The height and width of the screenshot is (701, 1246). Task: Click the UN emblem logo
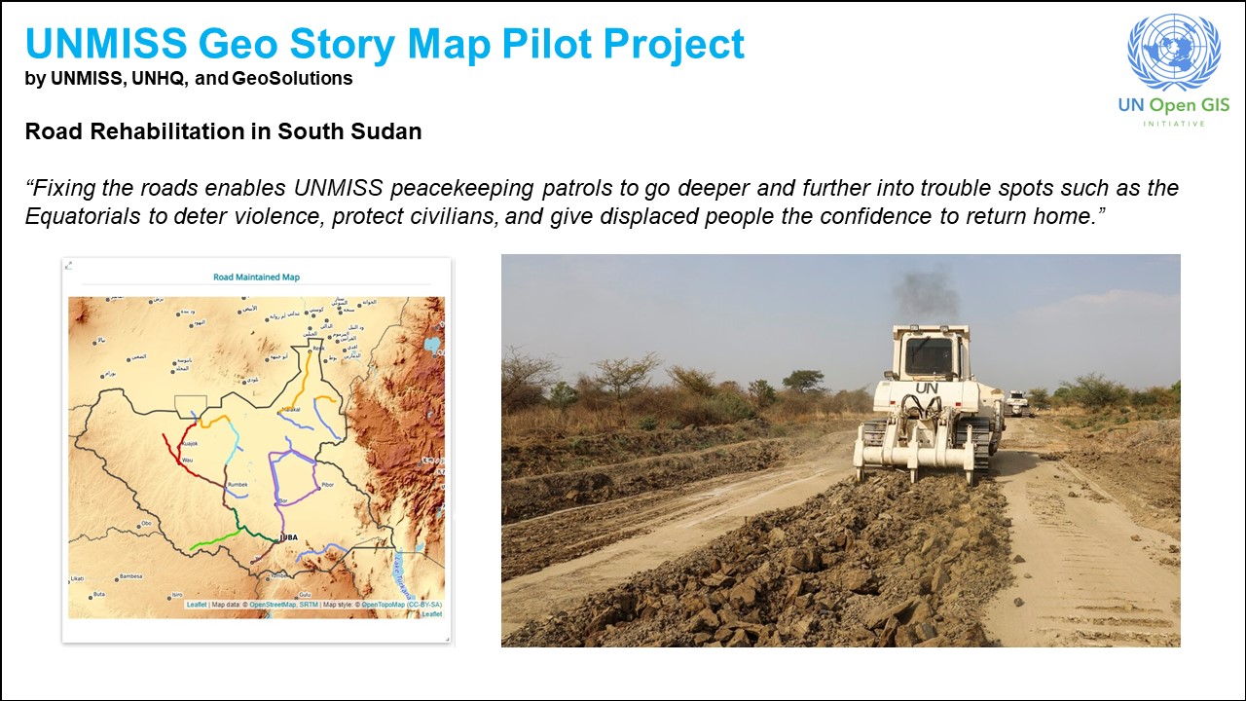(x=1172, y=53)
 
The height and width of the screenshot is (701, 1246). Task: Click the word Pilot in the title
(x=507, y=45)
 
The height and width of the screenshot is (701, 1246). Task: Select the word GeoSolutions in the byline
(x=293, y=79)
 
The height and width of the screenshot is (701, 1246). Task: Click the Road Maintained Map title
(x=257, y=277)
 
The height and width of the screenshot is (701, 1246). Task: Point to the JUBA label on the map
(x=290, y=537)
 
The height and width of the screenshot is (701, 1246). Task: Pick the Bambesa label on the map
(x=129, y=576)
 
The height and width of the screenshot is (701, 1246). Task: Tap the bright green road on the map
(x=216, y=539)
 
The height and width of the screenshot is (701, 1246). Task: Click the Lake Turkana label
(x=399, y=574)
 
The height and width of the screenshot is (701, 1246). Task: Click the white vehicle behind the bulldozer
(x=1016, y=402)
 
